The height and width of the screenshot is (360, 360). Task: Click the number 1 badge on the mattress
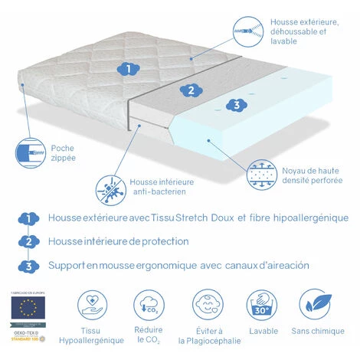(x=131, y=68)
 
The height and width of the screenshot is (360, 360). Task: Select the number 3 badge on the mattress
(x=237, y=104)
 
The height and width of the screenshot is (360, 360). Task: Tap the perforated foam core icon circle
(x=263, y=175)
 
